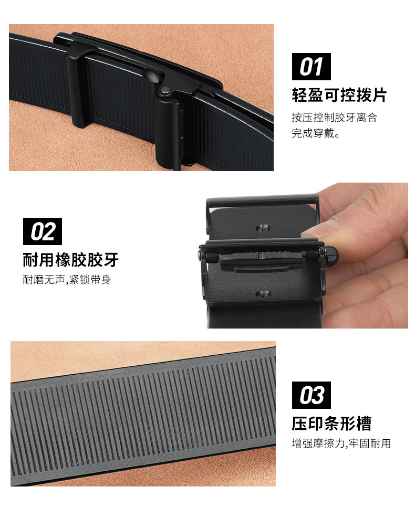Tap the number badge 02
(x=43, y=231)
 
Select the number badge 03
(x=312, y=395)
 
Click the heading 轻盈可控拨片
(x=339, y=95)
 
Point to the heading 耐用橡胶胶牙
(x=70, y=260)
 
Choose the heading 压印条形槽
(x=331, y=424)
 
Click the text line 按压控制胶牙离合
(x=335, y=117)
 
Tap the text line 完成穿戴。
(x=316, y=133)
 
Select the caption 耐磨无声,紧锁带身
(x=67, y=280)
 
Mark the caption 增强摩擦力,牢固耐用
(x=341, y=443)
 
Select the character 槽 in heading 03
(x=363, y=424)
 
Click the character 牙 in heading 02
(x=110, y=260)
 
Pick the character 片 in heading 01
(x=379, y=95)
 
